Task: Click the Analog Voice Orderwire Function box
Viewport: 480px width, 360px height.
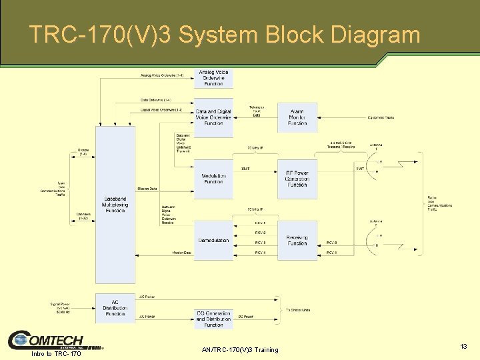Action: (213, 78)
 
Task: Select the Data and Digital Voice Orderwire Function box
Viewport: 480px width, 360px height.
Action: (213, 117)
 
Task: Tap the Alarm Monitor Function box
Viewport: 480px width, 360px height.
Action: (297, 117)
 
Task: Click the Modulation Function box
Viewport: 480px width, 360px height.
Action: (213, 179)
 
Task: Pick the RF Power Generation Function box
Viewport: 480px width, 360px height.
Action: (297, 179)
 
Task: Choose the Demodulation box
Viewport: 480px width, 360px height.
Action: (213, 240)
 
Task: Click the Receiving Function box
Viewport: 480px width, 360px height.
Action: (297, 240)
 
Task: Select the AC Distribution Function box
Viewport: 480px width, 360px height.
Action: (115, 308)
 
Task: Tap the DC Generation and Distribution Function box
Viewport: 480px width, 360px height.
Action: (213, 319)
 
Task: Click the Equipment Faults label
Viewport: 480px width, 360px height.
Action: (381, 117)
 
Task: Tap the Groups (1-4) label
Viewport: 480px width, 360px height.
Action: (83, 153)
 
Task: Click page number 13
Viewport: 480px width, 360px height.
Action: (463, 347)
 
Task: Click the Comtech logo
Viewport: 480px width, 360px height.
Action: (47, 341)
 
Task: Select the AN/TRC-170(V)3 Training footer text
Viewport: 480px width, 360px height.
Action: (239, 350)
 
